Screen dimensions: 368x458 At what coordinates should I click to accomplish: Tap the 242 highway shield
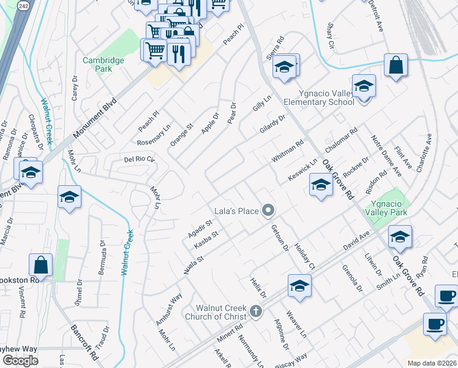[x=23, y=4]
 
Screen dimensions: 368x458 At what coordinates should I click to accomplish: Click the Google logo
[x=20, y=361]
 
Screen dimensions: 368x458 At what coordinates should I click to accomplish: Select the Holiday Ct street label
[x=304, y=256]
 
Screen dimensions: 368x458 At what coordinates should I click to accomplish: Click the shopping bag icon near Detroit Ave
[x=396, y=65]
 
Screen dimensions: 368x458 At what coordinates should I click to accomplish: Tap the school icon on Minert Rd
[x=299, y=285]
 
